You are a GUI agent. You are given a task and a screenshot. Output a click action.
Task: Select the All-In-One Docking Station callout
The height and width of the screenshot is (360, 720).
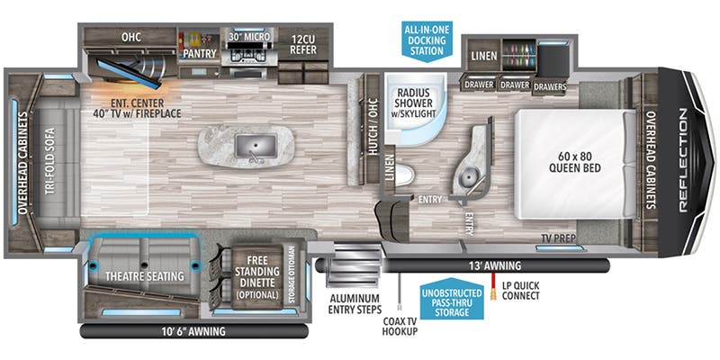426,39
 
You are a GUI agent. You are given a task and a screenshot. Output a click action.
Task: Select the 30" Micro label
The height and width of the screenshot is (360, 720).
244,37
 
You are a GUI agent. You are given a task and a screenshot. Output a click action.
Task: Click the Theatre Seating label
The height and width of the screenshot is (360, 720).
144,275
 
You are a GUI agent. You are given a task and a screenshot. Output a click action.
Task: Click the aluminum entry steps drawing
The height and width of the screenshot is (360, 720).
346,266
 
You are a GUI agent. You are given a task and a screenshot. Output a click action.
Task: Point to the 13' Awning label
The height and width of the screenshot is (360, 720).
494,264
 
